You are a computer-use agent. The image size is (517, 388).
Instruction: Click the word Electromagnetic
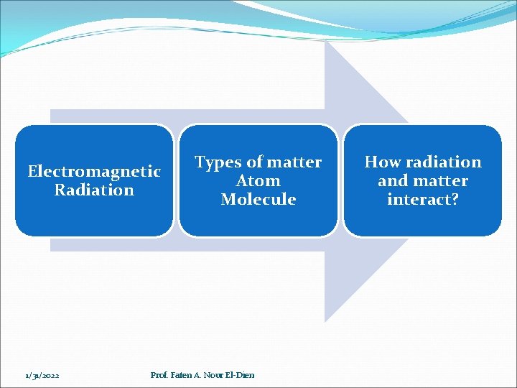point(94,172)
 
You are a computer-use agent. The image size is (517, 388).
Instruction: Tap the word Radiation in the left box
point(94,190)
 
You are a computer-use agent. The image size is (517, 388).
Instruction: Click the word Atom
point(258,181)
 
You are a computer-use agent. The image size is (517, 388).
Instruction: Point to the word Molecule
point(258,200)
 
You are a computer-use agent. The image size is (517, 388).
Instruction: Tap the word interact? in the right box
point(422,200)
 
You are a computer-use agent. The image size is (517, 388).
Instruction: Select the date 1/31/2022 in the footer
point(42,375)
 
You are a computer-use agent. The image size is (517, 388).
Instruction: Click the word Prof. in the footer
point(159,375)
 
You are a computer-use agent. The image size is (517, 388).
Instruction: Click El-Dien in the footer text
point(241,375)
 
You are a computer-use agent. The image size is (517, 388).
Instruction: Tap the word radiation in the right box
point(442,162)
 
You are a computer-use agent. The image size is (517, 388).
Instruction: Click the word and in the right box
point(393,181)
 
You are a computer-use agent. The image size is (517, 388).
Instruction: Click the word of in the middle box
point(254,163)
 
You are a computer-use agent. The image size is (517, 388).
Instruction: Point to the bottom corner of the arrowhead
point(326,320)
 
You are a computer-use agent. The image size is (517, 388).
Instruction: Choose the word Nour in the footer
point(214,375)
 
